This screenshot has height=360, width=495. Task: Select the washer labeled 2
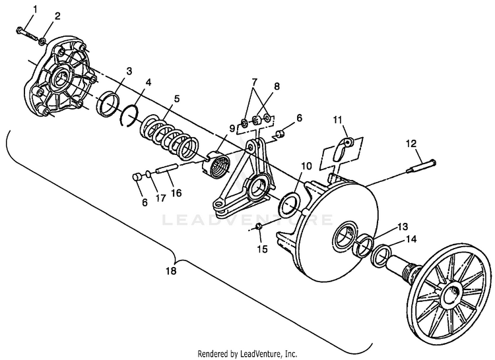[42, 42]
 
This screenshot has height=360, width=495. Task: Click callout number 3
[129, 70]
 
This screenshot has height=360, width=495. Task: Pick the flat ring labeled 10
[289, 205]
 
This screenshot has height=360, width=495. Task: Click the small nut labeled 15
[259, 227]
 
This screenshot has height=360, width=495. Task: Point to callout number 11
[337, 119]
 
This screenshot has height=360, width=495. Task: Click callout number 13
[402, 225]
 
